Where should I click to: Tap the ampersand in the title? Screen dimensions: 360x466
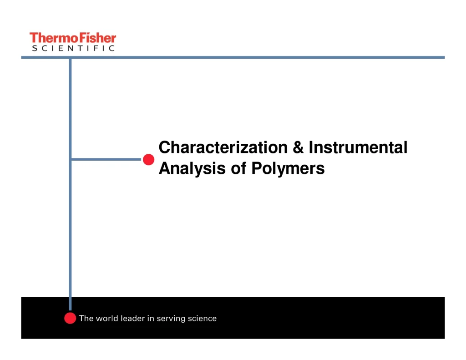298,148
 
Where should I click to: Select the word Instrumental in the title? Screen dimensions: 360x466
358,148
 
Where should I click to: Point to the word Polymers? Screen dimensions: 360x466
288,169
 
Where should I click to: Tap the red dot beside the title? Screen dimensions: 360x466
148,159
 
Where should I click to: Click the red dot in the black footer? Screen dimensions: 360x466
70,318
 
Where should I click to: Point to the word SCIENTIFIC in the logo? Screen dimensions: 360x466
73,48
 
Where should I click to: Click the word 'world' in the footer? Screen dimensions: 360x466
106,319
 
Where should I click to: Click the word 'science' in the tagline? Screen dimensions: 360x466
203,319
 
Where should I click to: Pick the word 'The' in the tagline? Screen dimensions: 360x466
86,319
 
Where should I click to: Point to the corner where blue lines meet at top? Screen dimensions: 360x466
70,57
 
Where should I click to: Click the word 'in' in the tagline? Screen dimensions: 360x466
151,319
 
